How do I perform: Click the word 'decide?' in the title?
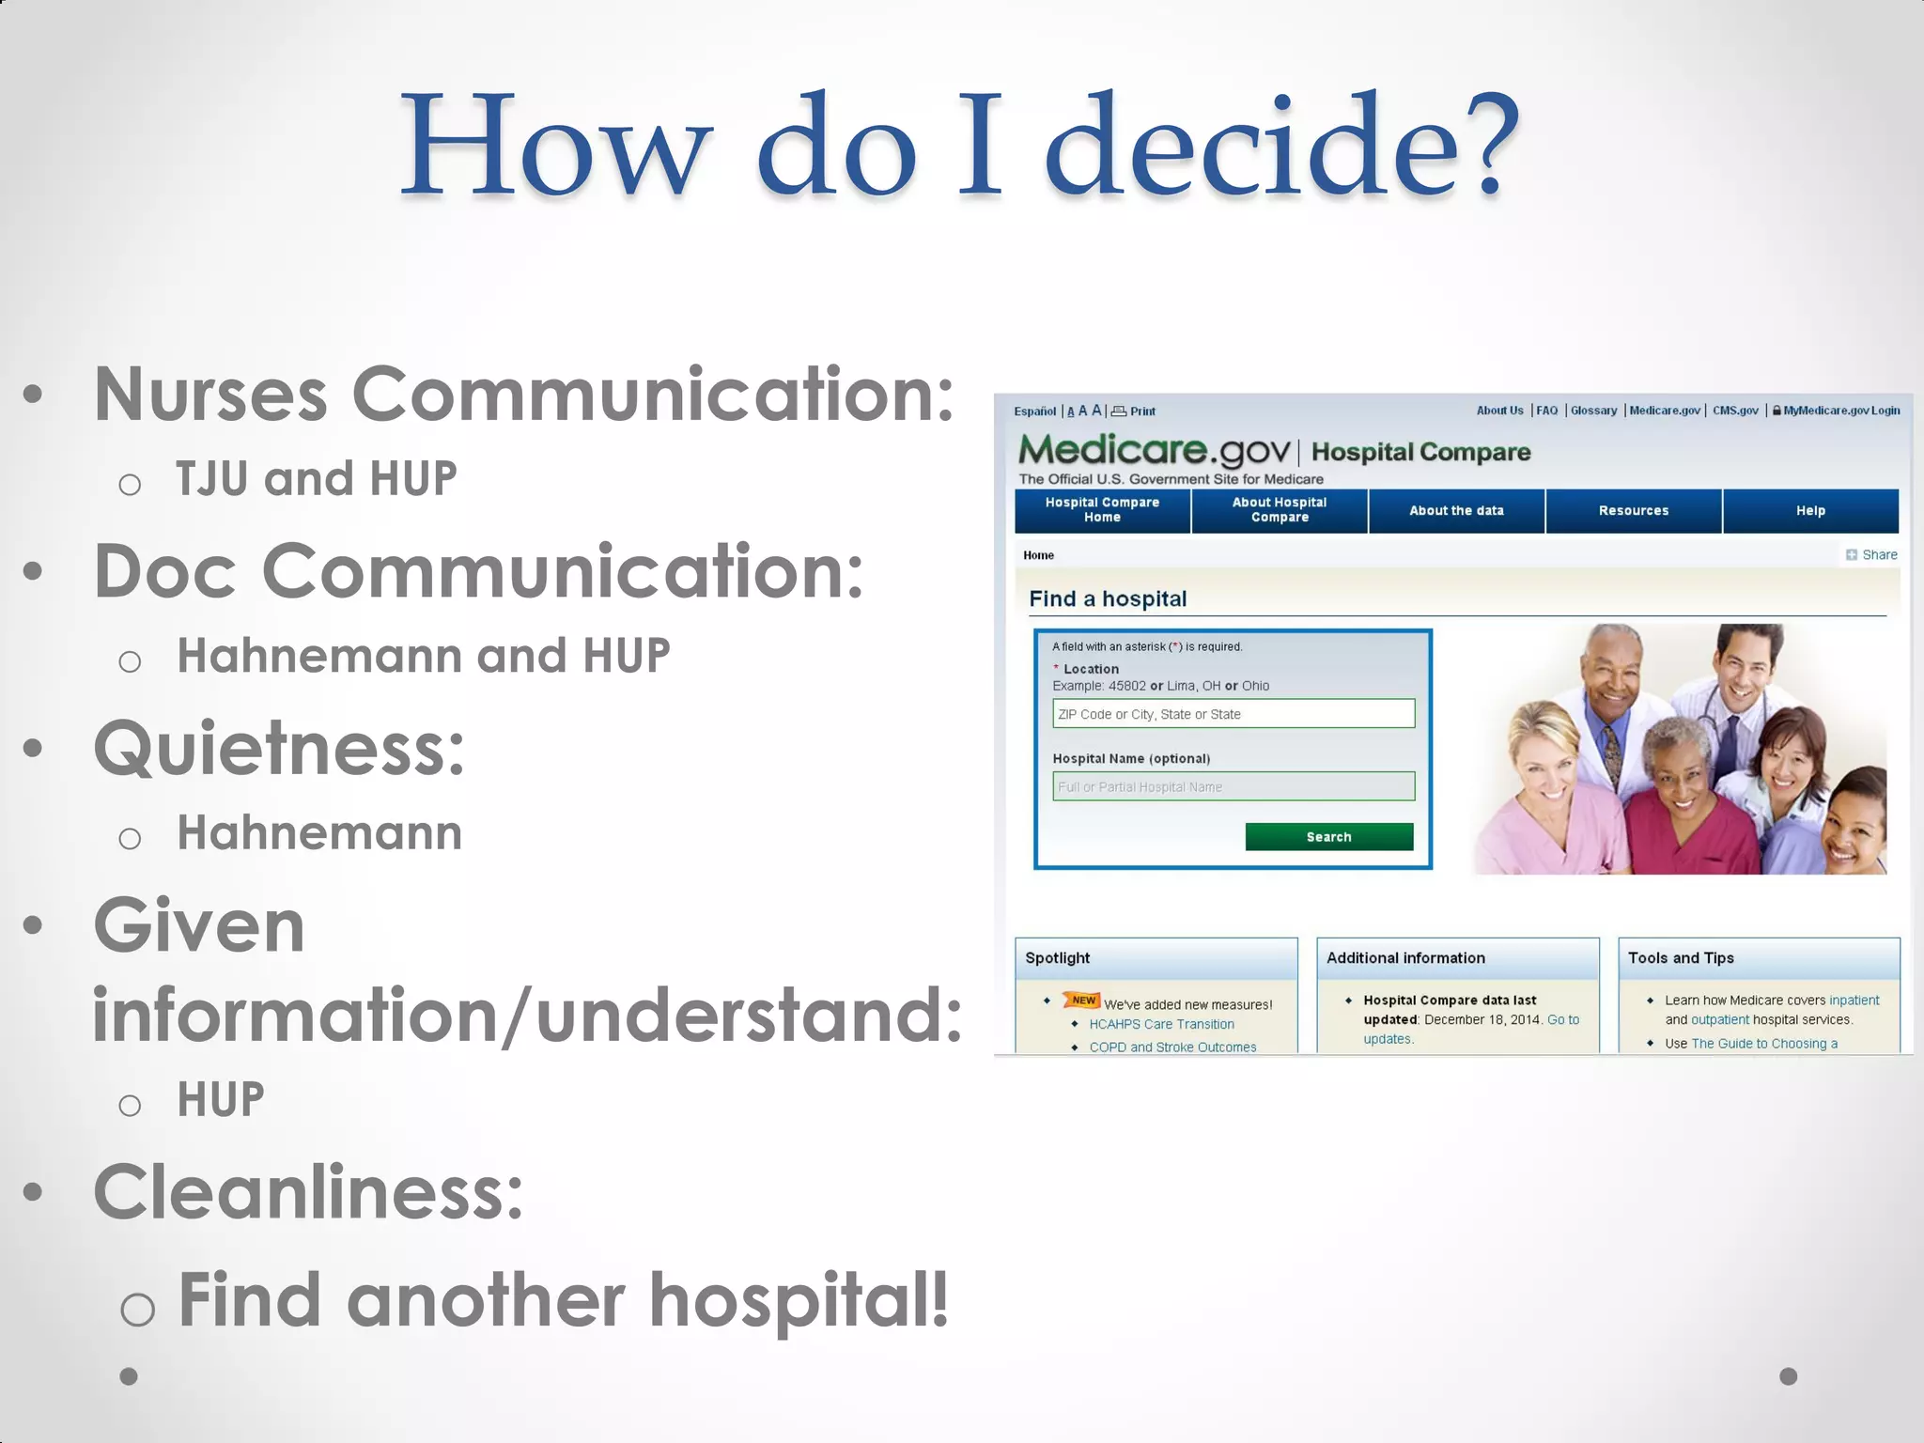(1281, 146)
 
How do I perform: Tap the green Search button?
(1328, 836)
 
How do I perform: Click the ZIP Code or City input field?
(1233, 713)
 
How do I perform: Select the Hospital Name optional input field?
(1233, 786)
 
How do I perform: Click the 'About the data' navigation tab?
(1455, 511)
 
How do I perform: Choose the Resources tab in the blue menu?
(1633, 511)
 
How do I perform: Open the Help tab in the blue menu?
(1809, 511)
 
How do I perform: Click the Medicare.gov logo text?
(1154, 451)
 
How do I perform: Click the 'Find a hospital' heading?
(1108, 598)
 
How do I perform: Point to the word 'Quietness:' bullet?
(279, 749)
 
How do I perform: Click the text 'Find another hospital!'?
(564, 1300)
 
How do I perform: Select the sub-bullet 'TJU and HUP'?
(316, 478)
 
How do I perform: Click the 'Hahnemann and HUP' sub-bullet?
(423, 656)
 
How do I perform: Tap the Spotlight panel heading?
(1057, 957)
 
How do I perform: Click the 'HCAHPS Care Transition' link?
(1161, 1024)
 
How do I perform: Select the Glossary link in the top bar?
(1593, 411)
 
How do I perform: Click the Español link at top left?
(1034, 411)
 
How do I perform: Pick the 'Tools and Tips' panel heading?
(1680, 957)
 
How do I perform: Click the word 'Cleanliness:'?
(308, 1192)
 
